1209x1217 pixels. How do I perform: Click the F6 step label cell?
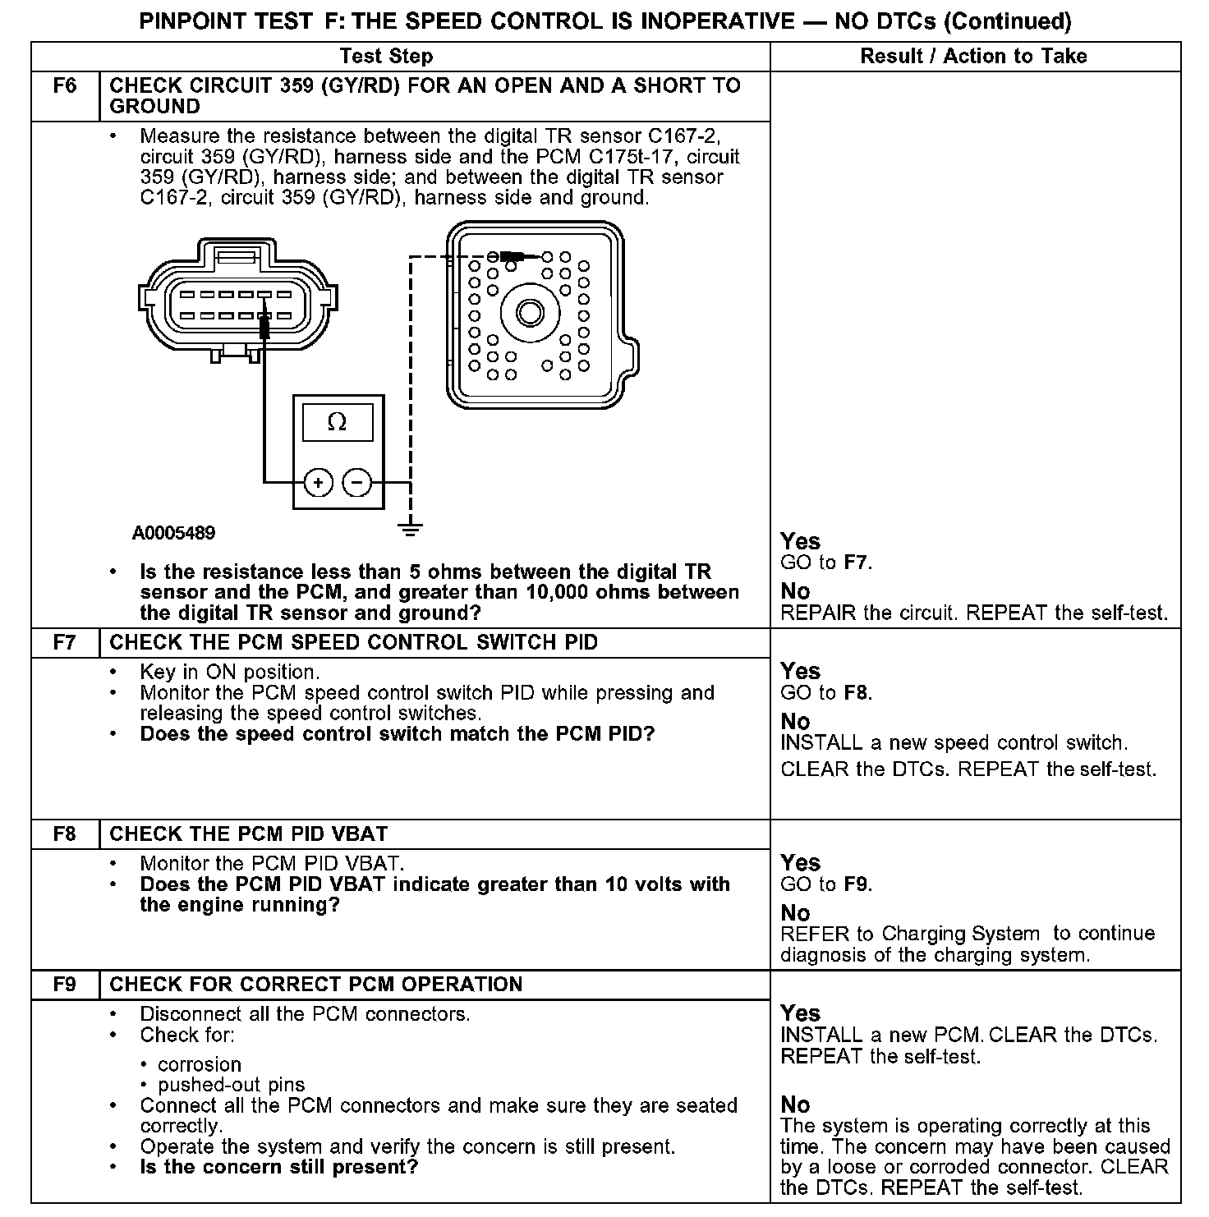pyautogui.click(x=65, y=86)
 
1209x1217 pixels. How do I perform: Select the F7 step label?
pyautogui.click(x=65, y=643)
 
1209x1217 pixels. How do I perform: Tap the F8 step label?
pyautogui.click(x=65, y=834)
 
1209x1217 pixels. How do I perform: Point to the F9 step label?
pyautogui.click(x=65, y=985)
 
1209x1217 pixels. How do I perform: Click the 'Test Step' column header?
pyautogui.click(x=386, y=56)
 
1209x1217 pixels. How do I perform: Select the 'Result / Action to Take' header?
pyautogui.click(x=973, y=56)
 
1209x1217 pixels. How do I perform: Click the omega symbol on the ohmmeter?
pyautogui.click(x=337, y=422)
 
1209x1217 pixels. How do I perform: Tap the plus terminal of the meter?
pyautogui.click(x=319, y=483)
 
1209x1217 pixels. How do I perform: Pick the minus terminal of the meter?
pyautogui.click(x=357, y=483)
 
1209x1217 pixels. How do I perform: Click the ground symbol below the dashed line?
pyautogui.click(x=411, y=529)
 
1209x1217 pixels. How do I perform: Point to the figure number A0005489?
pyautogui.click(x=173, y=533)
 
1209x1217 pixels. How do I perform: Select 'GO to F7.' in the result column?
pyautogui.click(x=825, y=563)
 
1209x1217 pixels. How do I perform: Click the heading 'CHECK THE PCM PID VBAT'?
pyautogui.click(x=248, y=834)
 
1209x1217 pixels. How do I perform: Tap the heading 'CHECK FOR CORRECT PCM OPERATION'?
pyautogui.click(x=315, y=985)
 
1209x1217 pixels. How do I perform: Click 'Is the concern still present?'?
pyautogui.click(x=279, y=1167)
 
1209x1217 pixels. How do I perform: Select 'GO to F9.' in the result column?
pyautogui.click(x=825, y=885)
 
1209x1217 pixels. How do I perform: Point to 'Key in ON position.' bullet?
pyautogui.click(x=229, y=673)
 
